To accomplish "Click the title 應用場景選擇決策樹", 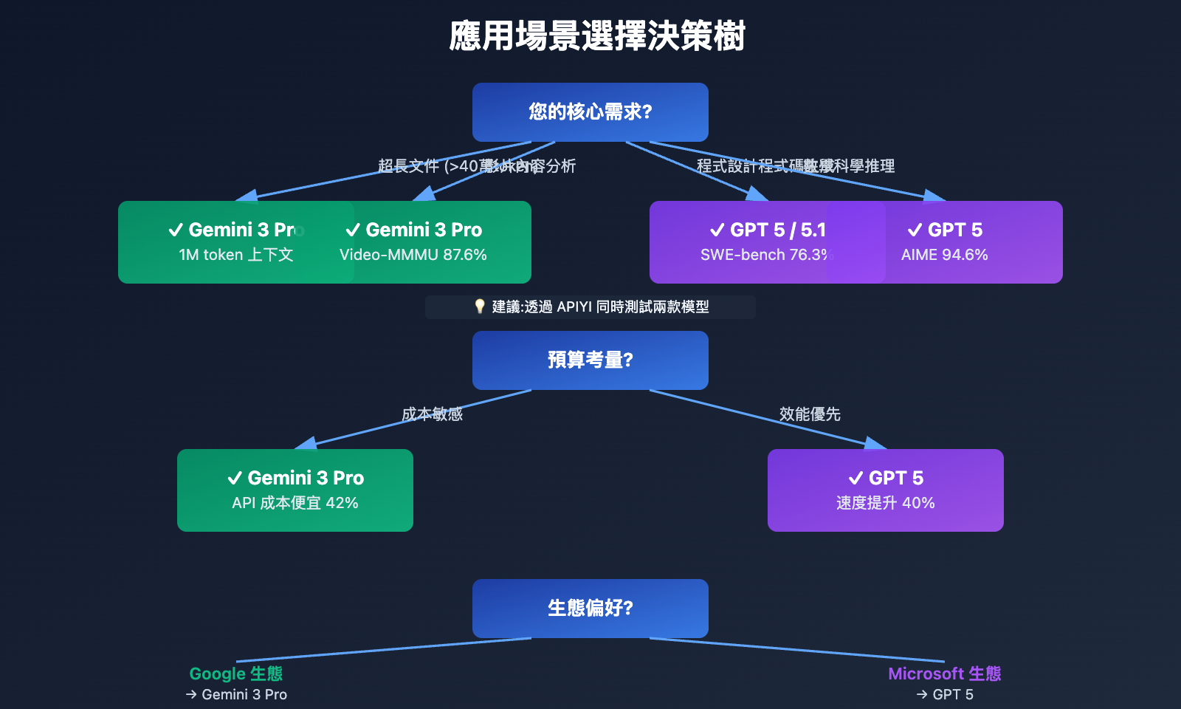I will click(x=597, y=36).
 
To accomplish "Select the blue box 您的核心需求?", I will click(x=590, y=112).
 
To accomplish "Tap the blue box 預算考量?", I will click(x=590, y=360).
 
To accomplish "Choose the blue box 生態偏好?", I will click(x=590, y=609).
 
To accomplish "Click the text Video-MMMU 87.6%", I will click(x=413, y=255).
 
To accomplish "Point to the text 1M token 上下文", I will click(x=236, y=255).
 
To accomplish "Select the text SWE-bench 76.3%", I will click(x=766, y=255).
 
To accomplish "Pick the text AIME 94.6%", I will click(x=945, y=255).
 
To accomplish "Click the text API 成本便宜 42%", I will click(x=295, y=503).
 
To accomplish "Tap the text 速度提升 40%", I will click(x=886, y=503).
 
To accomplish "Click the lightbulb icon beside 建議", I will click(x=480, y=306).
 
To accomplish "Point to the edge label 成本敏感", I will click(x=432, y=414).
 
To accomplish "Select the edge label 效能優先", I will click(x=810, y=414).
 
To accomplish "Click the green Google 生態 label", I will click(x=236, y=674).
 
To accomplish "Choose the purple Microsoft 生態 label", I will click(x=945, y=674).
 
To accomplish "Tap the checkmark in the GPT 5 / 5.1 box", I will click(x=717, y=230).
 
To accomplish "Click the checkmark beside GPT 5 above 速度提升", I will click(x=856, y=479).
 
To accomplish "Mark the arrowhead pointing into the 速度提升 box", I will click(x=875, y=443).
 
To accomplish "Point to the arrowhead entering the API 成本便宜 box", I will click(x=306, y=443).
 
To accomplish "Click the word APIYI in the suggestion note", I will click(x=574, y=307).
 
